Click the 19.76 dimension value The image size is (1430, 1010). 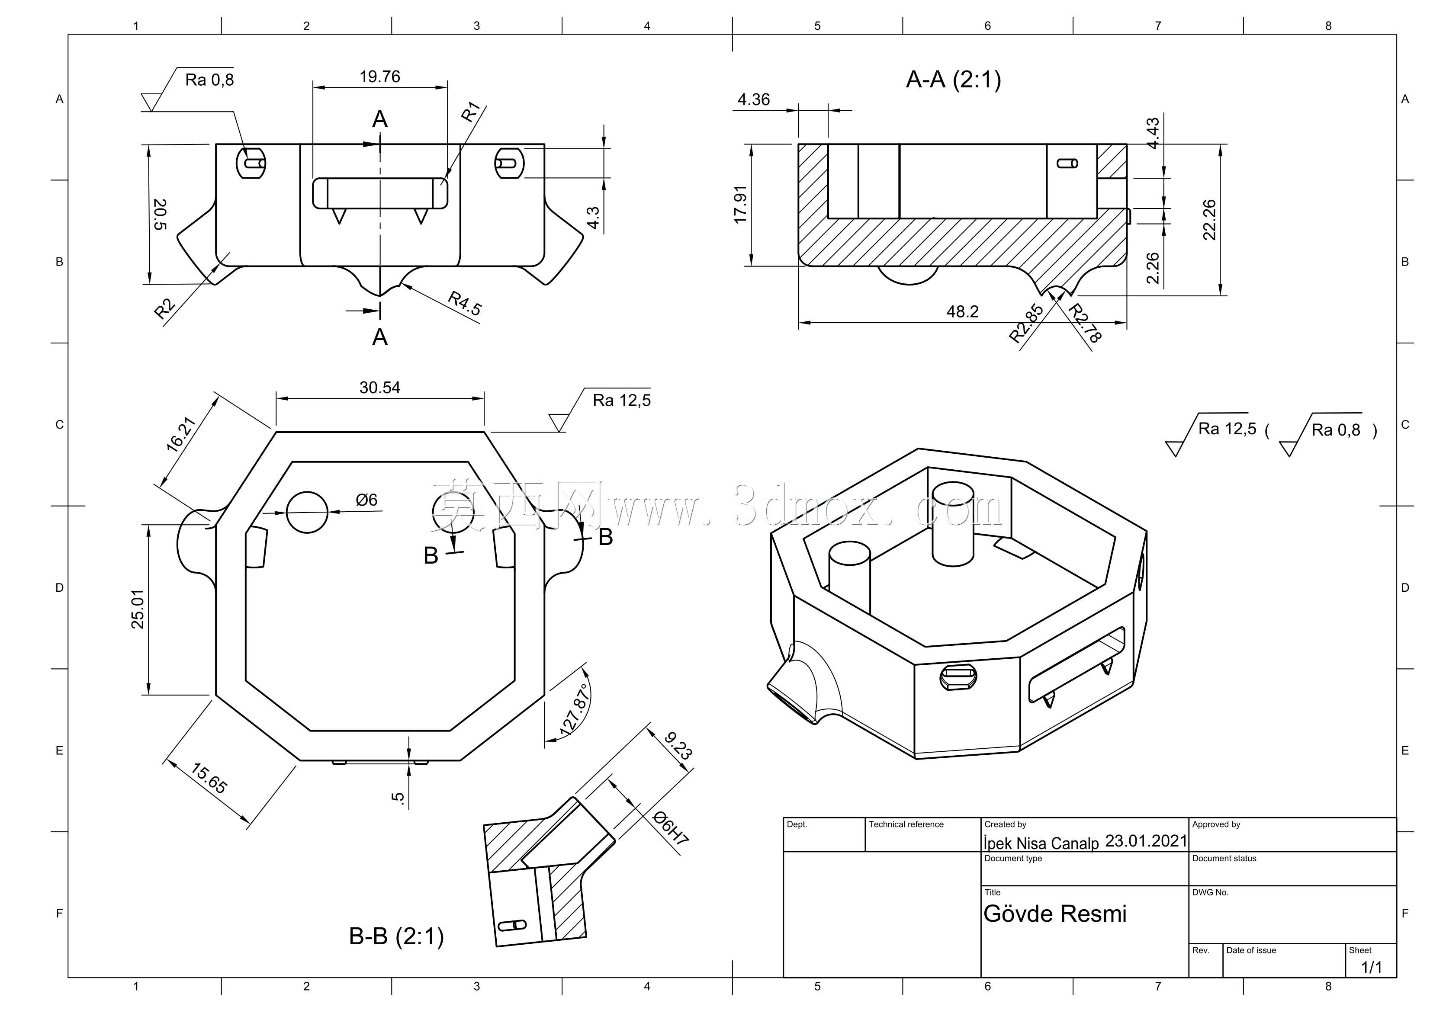pyautogui.click(x=380, y=77)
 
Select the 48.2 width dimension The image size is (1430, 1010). pyautogui.click(x=962, y=311)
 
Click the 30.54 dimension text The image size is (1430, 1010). pyautogui.click(x=380, y=387)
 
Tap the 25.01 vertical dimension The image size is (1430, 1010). pyautogui.click(x=138, y=609)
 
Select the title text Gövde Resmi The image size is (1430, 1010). pyautogui.click(x=1055, y=914)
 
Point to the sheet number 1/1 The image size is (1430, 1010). pyautogui.click(x=1372, y=967)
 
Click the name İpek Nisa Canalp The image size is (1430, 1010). pyautogui.click(x=1041, y=843)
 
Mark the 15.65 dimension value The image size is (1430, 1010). pyautogui.click(x=209, y=778)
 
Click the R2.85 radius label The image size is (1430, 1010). pyautogui.click(x=1026, y=323)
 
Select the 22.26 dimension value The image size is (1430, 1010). pyautogui.click(x=1209, y=219)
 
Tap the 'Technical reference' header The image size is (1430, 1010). pyautogui.click(x=906, y=824)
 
